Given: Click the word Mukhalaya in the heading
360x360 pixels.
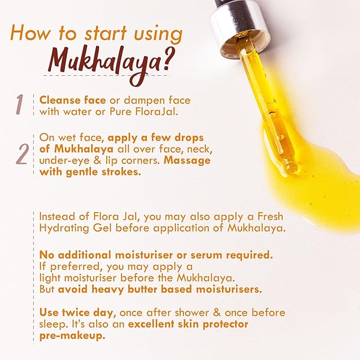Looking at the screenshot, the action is [x=104, y=65].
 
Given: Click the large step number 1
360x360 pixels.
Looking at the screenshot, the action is [x=20, y=104].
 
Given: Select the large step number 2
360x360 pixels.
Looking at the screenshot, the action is [x=22, y=154].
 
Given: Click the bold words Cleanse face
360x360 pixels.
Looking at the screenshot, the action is [x=73, y=100].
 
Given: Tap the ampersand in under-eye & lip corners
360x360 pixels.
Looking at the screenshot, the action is [x=98, y=161].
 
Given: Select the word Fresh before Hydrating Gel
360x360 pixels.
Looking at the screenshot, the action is [x=270, y=216].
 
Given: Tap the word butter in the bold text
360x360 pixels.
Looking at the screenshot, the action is [x=142, y=289].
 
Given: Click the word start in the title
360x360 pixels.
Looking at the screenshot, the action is [x=106, y=33].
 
